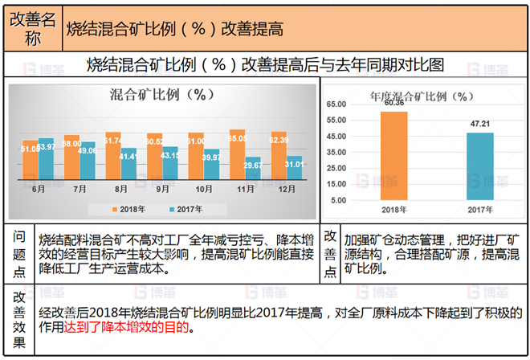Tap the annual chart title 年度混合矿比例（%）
click(x=418, y=96)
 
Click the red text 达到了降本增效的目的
click(x=137, y=328)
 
